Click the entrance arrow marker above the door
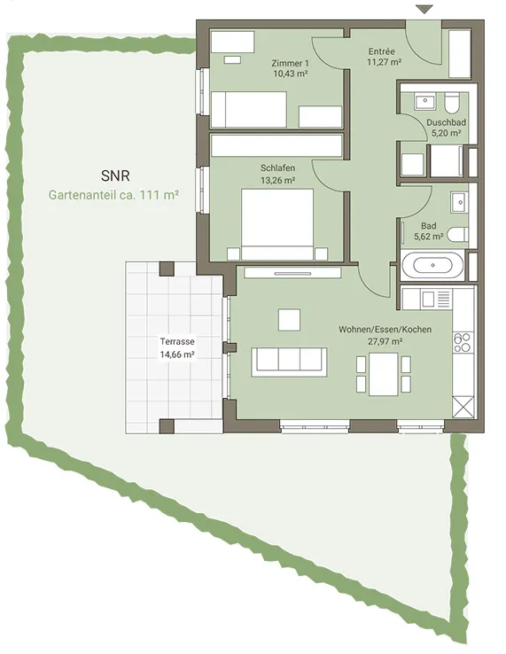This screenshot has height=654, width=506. pyautogui.click(x=424, y=9)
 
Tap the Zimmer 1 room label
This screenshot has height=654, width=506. pyautogui.click(x=290, y=64)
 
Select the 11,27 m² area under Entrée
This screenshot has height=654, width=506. pyautogui.click(x=385, y=62)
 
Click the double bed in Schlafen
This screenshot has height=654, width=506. pyautogui.click(x=277, y=225)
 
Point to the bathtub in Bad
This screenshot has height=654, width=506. pyautogui.click(x=432, y=265)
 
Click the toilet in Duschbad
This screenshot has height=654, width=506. pyautogui.click(x=451, y=103)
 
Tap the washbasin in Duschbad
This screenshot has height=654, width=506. pyautogui.click(x=424, y=101)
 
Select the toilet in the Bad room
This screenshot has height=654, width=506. pyautogui.click(x=457, y=235)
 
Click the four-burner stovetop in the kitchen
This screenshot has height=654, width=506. pyautogui.click(x=463, y=342)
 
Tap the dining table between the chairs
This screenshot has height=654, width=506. pyautogui.click(x=384, y=374)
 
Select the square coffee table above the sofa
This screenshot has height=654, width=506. pyautogui.click(x=289, y=320)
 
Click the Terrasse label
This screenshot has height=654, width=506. pyautogui.click(x=177, y=341)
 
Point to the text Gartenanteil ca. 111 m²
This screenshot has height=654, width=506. pyautogui.click(x=114, y=195)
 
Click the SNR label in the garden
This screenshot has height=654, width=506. pyautogui.click(x=115, y=175)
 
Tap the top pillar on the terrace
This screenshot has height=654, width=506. pyautogui.click(x=167, y=269)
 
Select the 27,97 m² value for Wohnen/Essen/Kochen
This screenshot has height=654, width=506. pyautogui.click(x=385, y=341)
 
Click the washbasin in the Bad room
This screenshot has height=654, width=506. pyautogui.click(x=459, y=202)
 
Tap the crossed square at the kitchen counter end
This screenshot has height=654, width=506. pyautogui.click(x=463, y=407)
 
